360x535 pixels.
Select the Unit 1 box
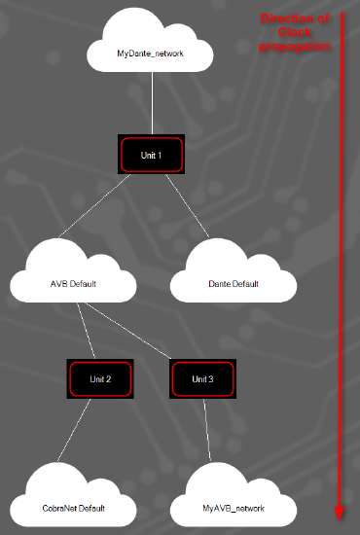[x=150, y=155]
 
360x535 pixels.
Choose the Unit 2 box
[x=100, y=378]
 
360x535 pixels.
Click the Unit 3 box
[x=203, y=378]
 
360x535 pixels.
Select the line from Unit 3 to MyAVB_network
[x=208, y=428]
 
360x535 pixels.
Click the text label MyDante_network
[x=150, y=53]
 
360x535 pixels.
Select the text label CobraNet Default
[x=74, y=508]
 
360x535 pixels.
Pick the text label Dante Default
[x=234, y=284]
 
